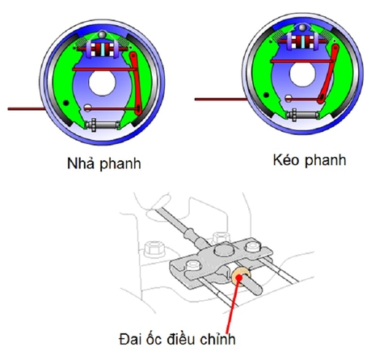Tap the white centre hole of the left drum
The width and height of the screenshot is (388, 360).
[x=103, y=83]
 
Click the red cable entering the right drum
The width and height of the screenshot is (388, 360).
[x=226, y=100]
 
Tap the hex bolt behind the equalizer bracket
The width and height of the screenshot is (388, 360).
[x=216, y=238]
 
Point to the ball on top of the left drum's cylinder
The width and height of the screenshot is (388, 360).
[x=103, y=35]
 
